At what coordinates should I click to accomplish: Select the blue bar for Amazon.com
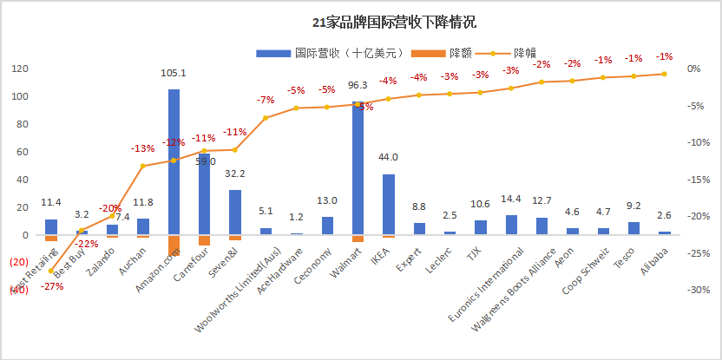point(174,160)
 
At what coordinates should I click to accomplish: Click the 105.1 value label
point(174,74)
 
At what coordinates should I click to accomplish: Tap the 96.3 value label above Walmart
point(358,86)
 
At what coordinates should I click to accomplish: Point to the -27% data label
point(51,286)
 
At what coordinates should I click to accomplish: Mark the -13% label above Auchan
point(143,148)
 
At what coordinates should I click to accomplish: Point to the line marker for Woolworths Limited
point(266,118)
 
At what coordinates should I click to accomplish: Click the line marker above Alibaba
point(664,74)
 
